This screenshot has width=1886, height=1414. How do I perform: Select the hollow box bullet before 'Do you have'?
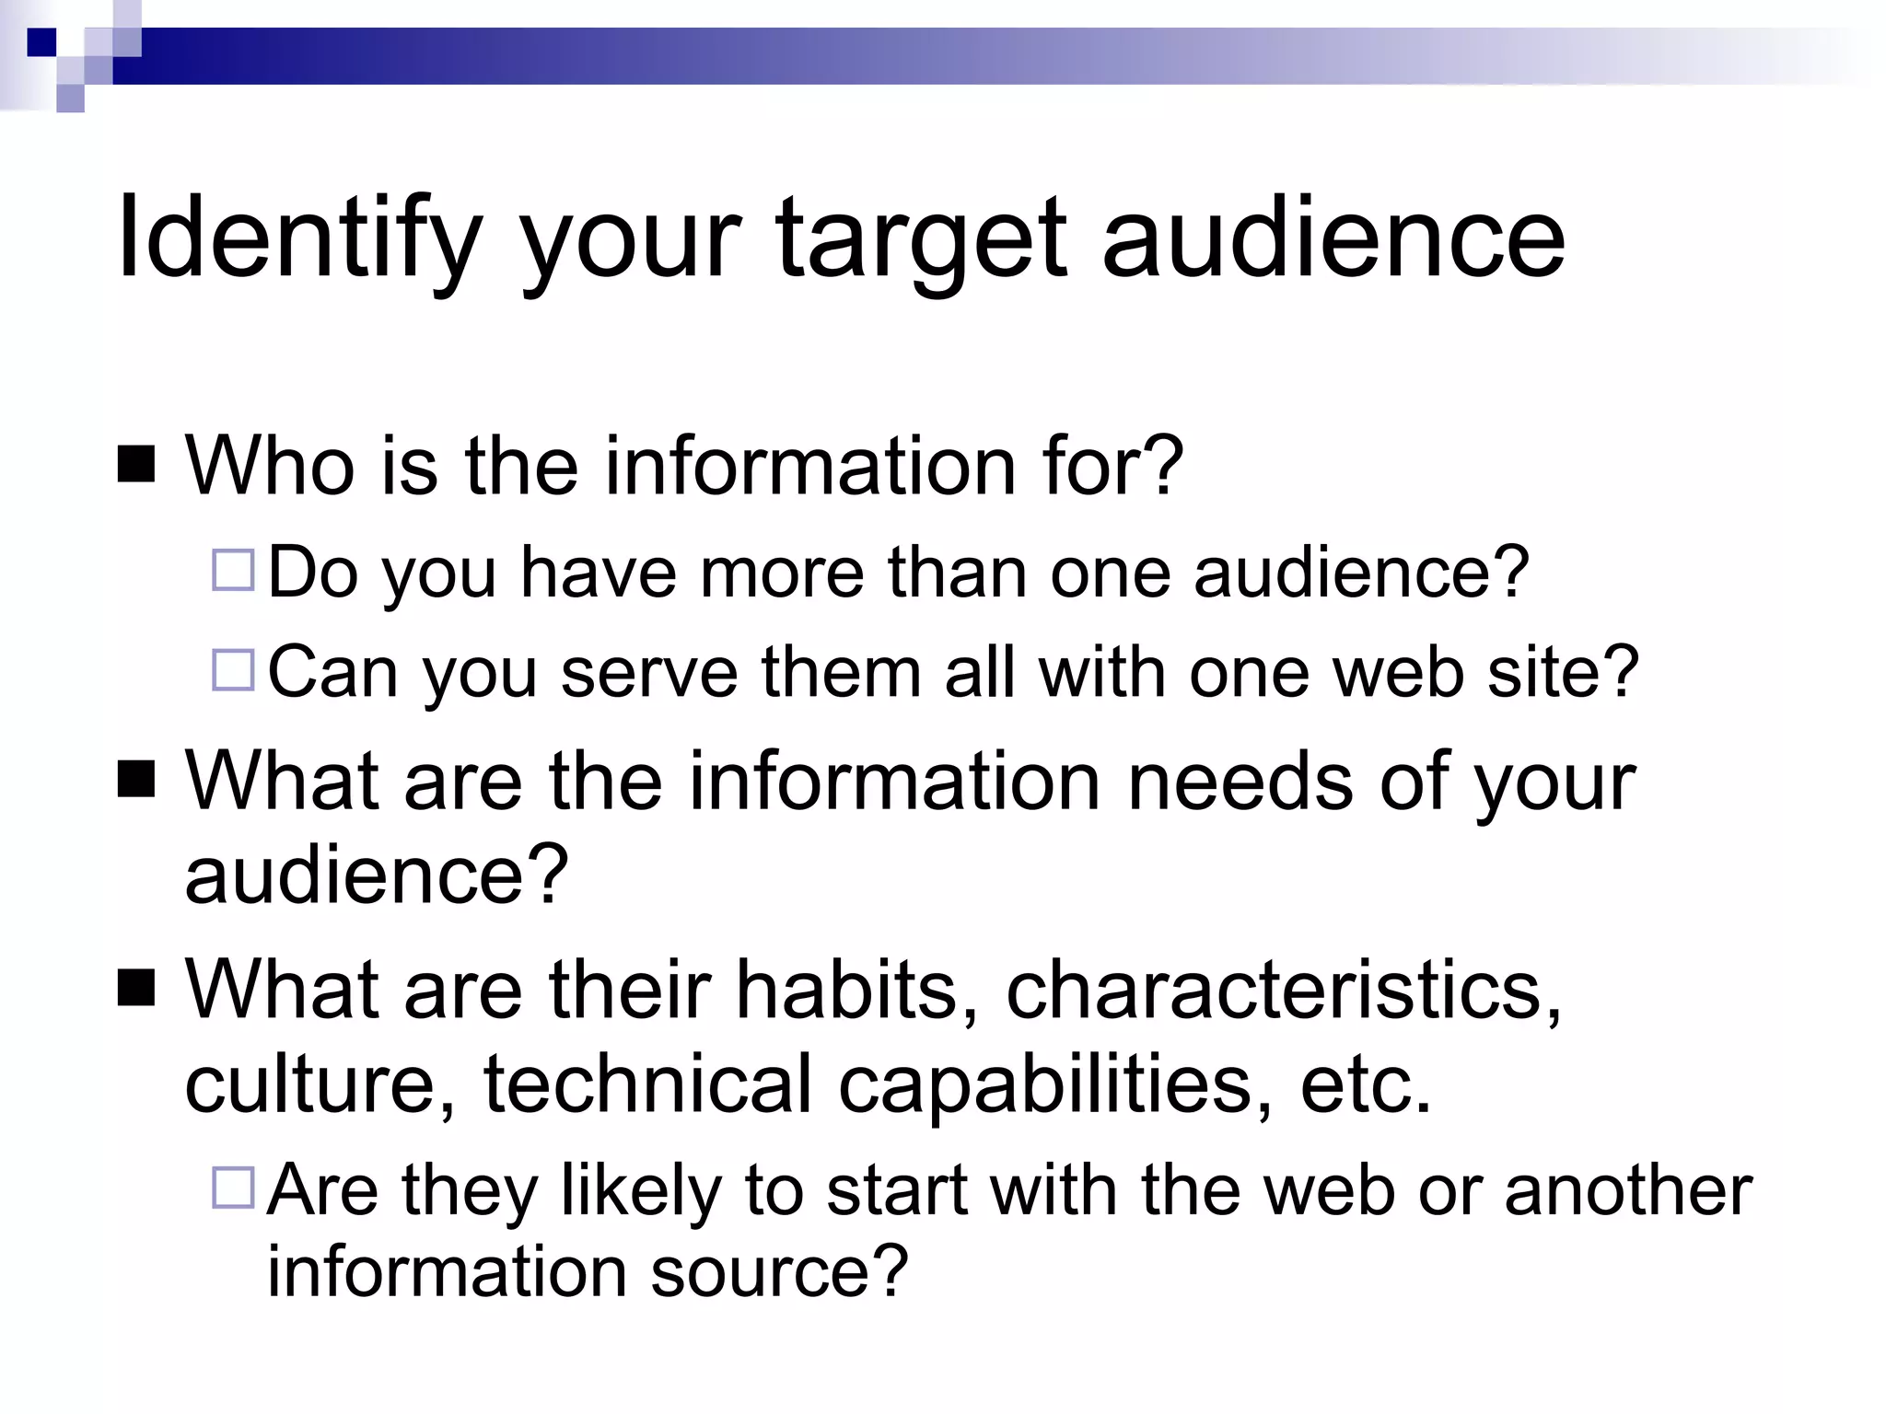(x=233, y=570)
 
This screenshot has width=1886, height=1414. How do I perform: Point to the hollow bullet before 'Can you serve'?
(x=233, y=670)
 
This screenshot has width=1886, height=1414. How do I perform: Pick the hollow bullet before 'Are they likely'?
(x=233, y=1188)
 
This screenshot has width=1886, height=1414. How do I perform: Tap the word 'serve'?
(x=648, y=671)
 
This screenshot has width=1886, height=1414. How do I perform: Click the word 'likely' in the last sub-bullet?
(x=640, y=1191)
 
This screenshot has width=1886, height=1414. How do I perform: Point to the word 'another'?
(x=1627, y=1189)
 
